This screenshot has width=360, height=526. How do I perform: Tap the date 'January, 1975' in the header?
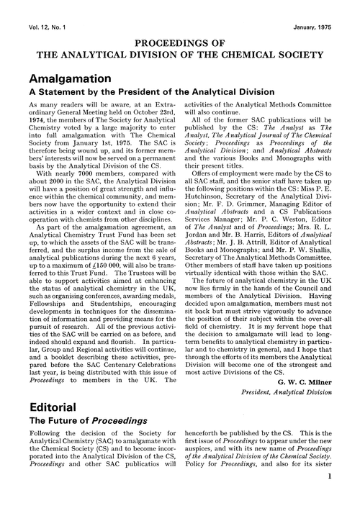(x=324, y=8)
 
